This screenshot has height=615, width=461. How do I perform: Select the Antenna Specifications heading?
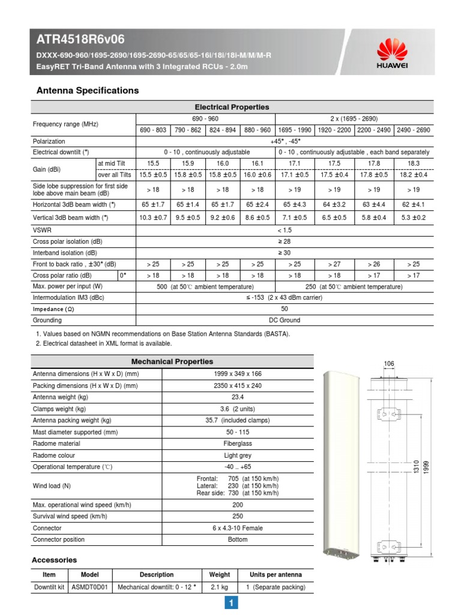(88, 91)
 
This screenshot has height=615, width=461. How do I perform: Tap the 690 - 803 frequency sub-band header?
(154, 130)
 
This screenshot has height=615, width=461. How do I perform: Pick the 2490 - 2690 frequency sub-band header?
(414, 130)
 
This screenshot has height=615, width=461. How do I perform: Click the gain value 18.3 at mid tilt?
(414, 163)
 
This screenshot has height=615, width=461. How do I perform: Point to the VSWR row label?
(41, 230)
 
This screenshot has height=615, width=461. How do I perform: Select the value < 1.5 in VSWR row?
(284, 230)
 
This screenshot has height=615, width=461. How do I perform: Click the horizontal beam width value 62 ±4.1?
(414, 205)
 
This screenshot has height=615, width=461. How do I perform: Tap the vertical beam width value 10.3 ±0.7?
(154, 217)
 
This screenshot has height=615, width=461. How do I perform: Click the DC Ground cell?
(284, 321)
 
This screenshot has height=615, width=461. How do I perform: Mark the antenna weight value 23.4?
(237, 398)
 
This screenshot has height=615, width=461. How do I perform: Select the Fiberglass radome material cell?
(237, 444)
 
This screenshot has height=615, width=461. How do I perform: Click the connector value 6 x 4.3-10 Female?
(237, 528)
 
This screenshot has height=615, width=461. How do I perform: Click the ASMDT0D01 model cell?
(89, 587)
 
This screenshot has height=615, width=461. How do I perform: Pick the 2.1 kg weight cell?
(219, 587)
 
